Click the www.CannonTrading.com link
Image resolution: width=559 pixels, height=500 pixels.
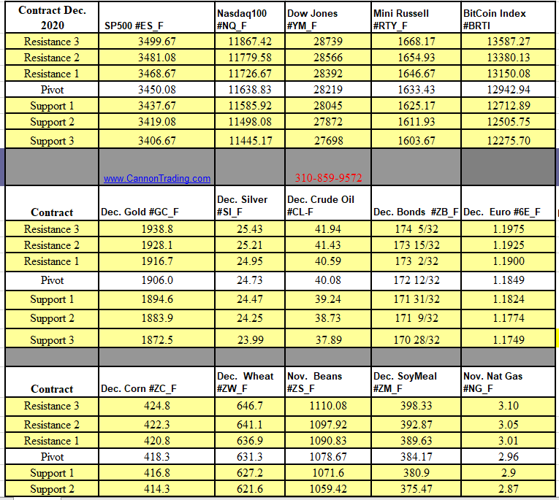click(x=156, y=178)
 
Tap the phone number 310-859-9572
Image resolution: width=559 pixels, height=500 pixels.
click(x=328, y=177)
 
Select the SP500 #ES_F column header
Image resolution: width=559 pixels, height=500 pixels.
click(x=134, y=26)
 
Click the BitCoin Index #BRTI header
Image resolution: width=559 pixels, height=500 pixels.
click(x=495, y=19)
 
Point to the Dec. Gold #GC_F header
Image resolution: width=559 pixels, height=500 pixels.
click(x=140, y=212)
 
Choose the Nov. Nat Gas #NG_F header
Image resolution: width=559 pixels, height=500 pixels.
click(x=493, y=382)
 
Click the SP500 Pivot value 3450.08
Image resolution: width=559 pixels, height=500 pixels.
click(x=156, y=90)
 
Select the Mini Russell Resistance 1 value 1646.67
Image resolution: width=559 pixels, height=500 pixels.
click(x=415, y=74)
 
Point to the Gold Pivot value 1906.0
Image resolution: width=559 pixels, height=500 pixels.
click(x=156, y=280)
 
